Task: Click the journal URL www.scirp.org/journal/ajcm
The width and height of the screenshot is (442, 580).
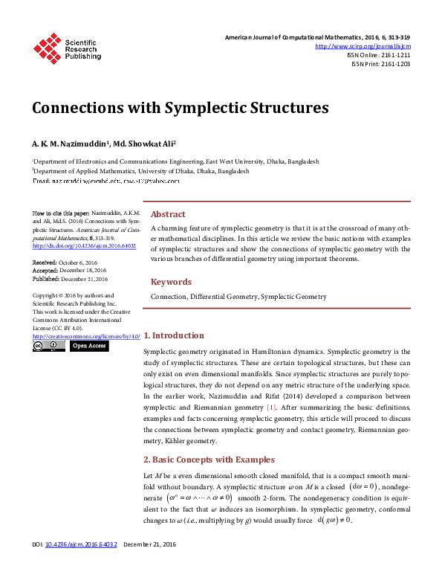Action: pyautogui.click(x=363, y=46)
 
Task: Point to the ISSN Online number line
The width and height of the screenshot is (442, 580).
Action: pyautogui.click(x=379, y=55)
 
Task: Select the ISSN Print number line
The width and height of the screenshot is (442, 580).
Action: pyautogui.click(x=380, y=64)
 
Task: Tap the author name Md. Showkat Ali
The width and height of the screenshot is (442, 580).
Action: pyautogui.click(x=144, y=143)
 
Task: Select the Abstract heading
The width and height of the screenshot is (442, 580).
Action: pyautogui.click(x=168, y=214)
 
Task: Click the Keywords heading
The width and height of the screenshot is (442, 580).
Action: pyautogui.click(x=171, y=282)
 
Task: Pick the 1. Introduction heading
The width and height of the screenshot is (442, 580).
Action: pyautogui.click(x=173, y=335)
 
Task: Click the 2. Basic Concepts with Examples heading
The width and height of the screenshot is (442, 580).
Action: pyautogui.click(x=209, y=460)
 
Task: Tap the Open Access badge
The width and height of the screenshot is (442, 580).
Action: pyautogui.click(x=89, y=346)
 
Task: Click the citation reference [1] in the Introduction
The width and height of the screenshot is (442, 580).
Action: pyautogui.click(x=271, y=407)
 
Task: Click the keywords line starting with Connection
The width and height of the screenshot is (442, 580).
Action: pyautogui.click(x=238, y=297)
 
